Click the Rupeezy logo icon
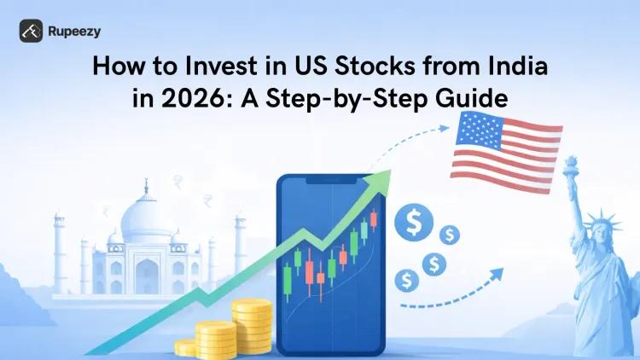[32, 31]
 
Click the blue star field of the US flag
[478, 134]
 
